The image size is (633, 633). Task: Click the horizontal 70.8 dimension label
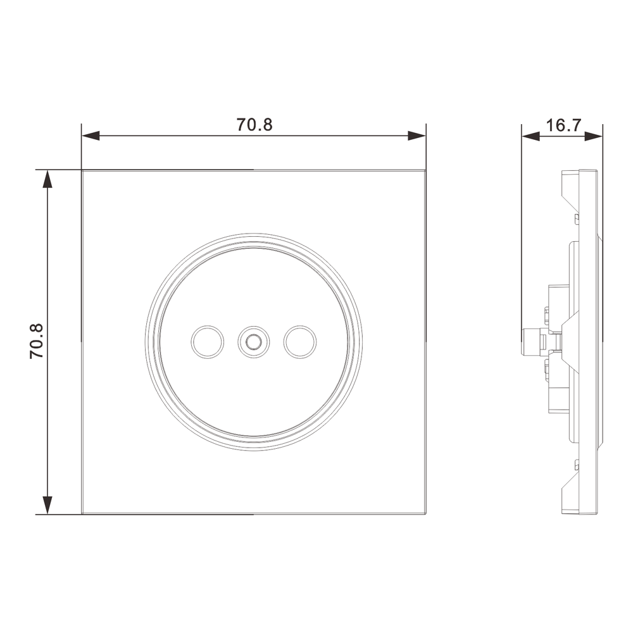[254, 125]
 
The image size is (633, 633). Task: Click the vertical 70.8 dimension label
[36, 342]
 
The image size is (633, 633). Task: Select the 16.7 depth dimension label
[563, 125]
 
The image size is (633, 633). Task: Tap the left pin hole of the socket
[208, 342]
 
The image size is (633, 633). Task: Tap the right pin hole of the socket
[300, 342]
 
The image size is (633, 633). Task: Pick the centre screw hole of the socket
[254, 342]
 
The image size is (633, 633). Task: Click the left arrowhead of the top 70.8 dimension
[91, 135]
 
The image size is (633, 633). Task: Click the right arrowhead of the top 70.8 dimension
[417, 135]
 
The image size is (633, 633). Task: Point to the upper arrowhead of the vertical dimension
[47, 179]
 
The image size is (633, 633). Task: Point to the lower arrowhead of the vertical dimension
[47, 505]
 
